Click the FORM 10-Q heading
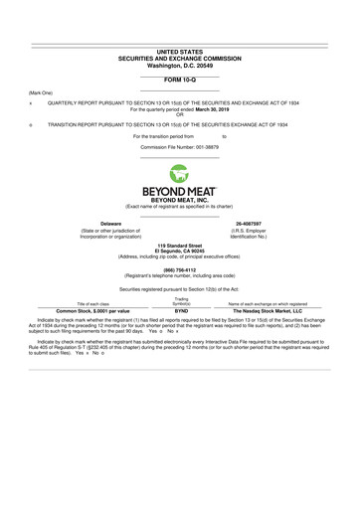point(180,78)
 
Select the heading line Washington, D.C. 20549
point(180,65)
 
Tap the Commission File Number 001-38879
point(180,146)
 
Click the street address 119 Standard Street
point(180,245)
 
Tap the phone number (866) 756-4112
point(180,269)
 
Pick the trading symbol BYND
point(181,310)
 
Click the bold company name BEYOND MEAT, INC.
point(180,199)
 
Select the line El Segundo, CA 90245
point(180,251)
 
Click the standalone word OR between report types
point(180,115)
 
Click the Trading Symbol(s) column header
point(181,299)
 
